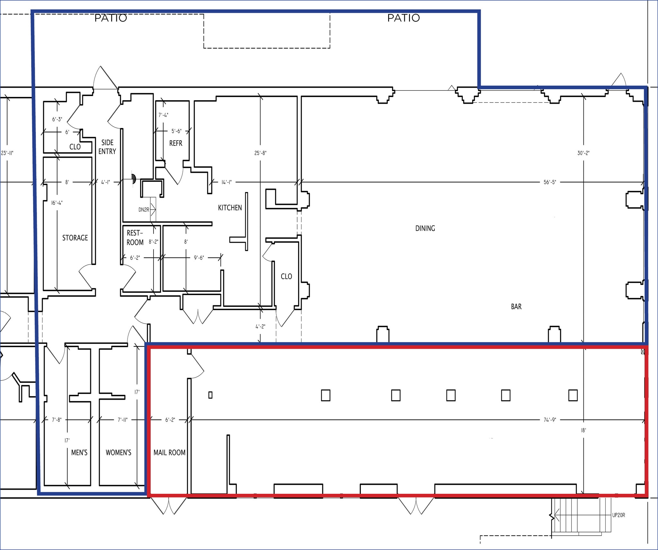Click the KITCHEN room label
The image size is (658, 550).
tap(230, 208)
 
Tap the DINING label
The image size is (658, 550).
tap(425, 228)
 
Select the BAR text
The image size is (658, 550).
tap(516, 307)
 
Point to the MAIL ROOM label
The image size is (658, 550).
tap(169, 453)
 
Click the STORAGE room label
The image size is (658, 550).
tap(75, 238)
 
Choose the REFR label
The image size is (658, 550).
tap(176, 143)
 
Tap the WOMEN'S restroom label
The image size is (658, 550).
tap(119, 453)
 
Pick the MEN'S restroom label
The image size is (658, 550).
tap(79, 453)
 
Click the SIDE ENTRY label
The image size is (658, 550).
tap(107, 147)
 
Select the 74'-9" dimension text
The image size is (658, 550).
tap(550, 420)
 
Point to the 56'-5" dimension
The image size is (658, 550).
tap(550, 182)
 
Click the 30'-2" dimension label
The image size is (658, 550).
tap(583, 153)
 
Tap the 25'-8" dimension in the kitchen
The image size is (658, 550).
tap(260, 153)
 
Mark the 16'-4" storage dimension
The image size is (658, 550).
tap(57, 203)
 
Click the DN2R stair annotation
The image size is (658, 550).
tap(144, 210)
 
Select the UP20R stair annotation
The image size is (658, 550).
tap(618, 515)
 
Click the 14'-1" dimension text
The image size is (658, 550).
tap(227, 182)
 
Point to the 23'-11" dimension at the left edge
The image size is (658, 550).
tap(7, 153)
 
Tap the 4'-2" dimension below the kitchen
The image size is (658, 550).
tap(260, 327)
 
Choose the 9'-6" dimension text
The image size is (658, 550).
tap(199, 258)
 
